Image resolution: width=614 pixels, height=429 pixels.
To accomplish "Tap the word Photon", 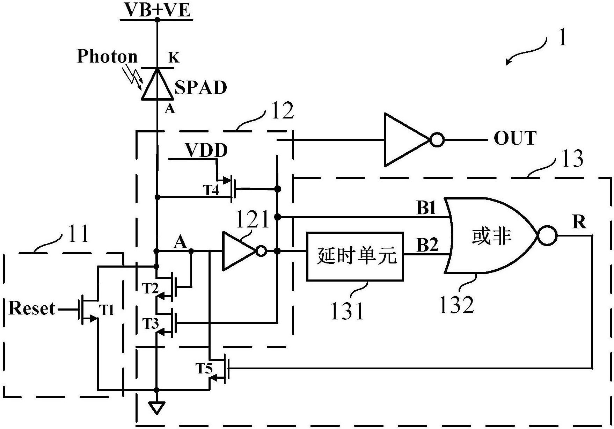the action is pyautogui.click(x=107, y=56).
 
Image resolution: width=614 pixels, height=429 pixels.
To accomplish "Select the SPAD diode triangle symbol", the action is pyautogui.click(x=157, y=84).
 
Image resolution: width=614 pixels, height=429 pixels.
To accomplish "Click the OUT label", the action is pyautogui.click(x=515, y=138).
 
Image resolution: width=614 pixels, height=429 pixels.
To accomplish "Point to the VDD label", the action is pyautogui.click(x=206, y=151).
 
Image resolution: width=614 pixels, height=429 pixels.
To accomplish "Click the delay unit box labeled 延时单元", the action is pyautogui.click(x=355, y=256).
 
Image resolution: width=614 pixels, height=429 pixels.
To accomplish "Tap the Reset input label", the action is pyautogui.click(x=32, y=308).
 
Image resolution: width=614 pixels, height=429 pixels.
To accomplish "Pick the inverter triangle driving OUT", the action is pyautogui.click(x=407, y=139).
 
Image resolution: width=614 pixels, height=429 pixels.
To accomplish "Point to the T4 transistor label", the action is pyautogui.click(x=211, y=190).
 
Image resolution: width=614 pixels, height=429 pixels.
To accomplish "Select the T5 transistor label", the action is pyautogui.click(x=204, y=368).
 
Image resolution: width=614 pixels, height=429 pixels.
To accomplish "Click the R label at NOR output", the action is pyautogui.click(x=579, y=222).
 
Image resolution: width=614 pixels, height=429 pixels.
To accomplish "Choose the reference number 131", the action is pyautogui.click(x=347, y=311).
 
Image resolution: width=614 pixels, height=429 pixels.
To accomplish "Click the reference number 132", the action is pyautogui.click(x=456, y=305).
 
